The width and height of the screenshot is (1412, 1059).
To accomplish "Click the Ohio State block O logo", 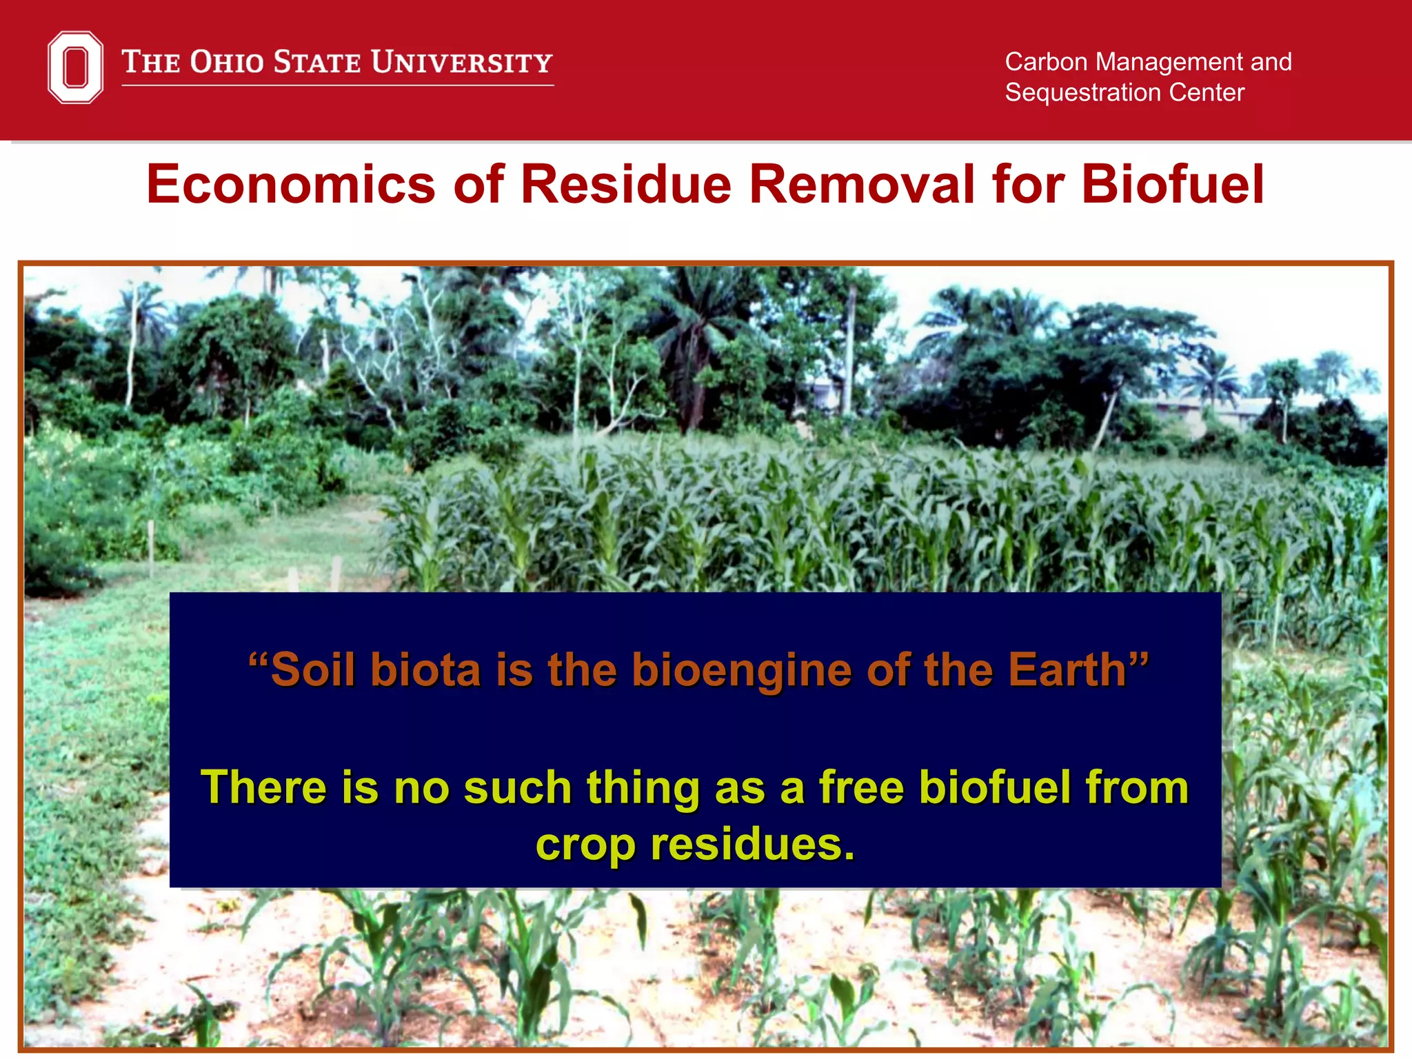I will tap(75, 67).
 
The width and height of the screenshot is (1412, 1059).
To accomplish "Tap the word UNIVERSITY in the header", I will tap(461, 62).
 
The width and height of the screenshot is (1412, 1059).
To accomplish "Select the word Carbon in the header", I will tap(1046, 62).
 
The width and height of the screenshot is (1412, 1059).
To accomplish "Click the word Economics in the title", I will tap(290, 185).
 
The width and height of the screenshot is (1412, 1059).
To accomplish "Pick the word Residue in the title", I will tap(625, 185).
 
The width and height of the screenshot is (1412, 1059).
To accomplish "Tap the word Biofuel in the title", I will tap(1172, 185).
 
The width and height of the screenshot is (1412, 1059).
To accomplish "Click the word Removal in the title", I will tap(862, 185).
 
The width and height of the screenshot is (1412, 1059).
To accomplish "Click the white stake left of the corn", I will tap(151, 548).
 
